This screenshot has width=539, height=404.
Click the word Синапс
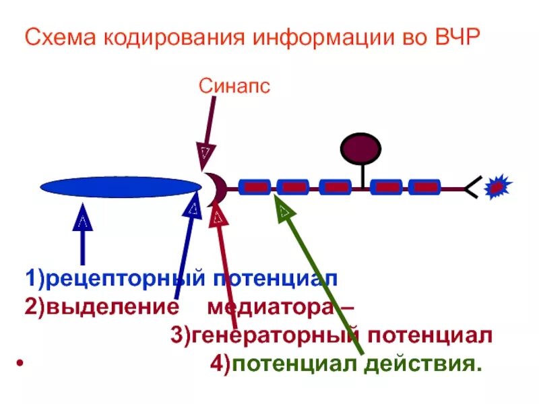234,86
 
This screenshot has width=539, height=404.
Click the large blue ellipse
117,187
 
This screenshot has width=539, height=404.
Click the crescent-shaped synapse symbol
216,188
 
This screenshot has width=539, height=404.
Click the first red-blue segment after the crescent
255,187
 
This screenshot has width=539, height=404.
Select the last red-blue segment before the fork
424,187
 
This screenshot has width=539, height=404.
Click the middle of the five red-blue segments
334,187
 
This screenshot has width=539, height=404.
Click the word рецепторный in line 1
126,278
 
